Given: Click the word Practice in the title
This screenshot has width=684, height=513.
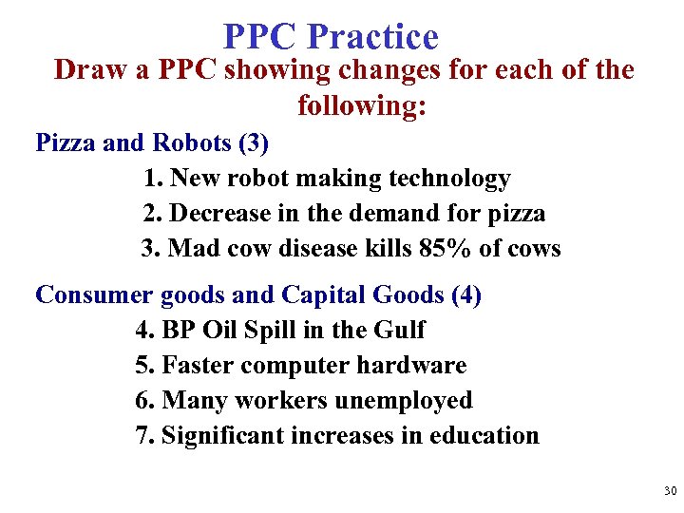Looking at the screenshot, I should [x=373, y=37].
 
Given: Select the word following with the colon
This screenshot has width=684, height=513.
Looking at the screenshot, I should [x=361, y=105].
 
